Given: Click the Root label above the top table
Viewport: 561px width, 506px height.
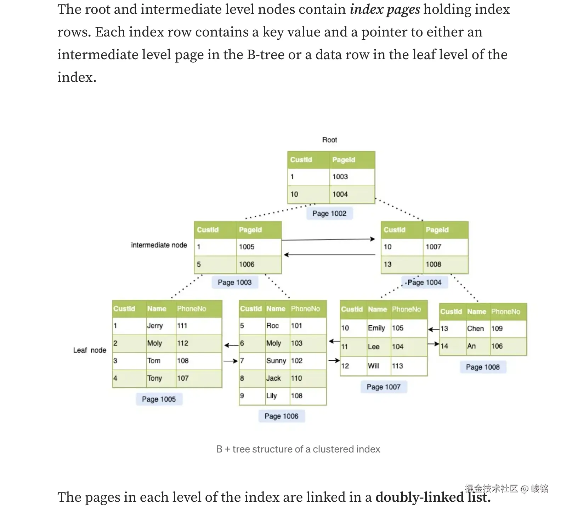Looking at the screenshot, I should point(329,140).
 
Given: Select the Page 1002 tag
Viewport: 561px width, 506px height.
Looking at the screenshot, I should point(329,213).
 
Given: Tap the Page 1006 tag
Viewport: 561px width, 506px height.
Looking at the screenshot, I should point(281,416).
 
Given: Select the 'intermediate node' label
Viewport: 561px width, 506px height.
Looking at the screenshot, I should point(159,245).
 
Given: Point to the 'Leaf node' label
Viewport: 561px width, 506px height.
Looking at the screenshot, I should point(90,350).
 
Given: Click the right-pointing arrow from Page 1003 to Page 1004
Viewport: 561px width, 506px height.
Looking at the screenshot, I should point(328,240).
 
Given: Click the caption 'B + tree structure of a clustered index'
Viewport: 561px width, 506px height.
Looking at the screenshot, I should point(298,449).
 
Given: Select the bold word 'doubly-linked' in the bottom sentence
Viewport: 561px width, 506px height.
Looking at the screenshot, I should point(419,497).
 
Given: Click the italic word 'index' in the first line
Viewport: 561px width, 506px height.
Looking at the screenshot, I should point(366,9).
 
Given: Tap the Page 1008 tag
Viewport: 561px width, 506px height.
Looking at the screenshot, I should point(483,367).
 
